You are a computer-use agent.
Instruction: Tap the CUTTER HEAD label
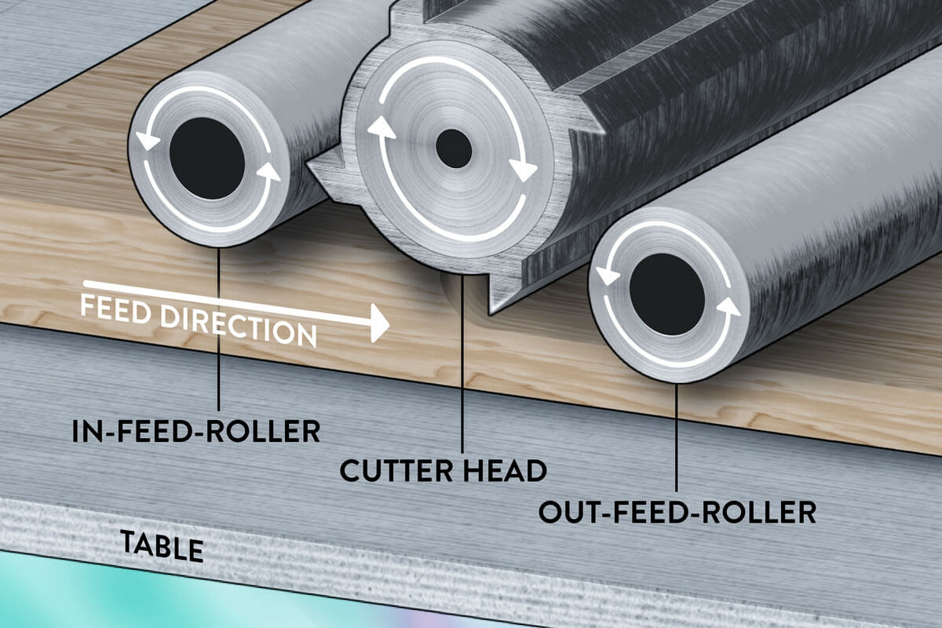[444, 470]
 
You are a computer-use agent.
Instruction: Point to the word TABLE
[162, 546]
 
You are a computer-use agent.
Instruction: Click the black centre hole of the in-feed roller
[207, 159]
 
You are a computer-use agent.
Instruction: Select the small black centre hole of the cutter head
[454, 148]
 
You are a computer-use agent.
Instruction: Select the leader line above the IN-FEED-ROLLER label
[218, 330]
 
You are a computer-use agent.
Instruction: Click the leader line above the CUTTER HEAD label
[462, 369]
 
